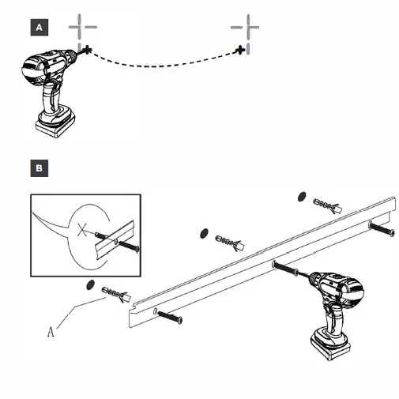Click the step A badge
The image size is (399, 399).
coord(38,28)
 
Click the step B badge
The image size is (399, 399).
coord(38,168)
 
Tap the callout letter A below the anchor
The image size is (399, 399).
coord(51,332)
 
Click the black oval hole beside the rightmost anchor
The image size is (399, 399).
coord(301,195)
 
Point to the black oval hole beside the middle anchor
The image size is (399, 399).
coord(203,231)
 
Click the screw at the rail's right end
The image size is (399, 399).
coord(382,229)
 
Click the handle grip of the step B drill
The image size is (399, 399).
coord(331,316)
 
